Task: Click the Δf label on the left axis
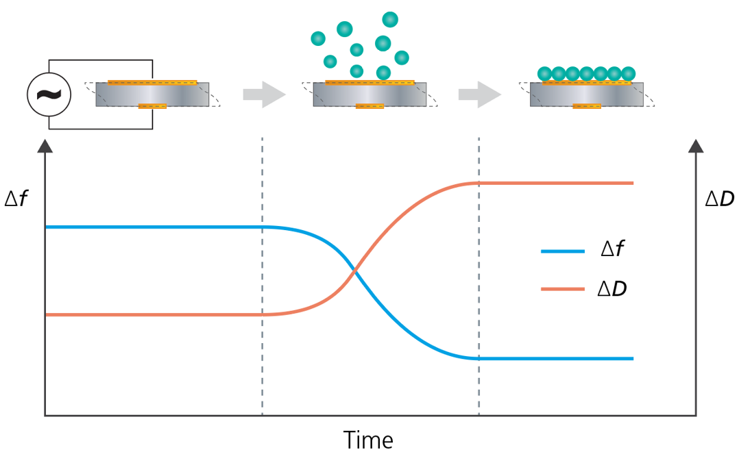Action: click(x=16, y=199)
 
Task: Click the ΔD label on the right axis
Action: click(x=719, y=199)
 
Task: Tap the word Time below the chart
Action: click(x=368, y=439)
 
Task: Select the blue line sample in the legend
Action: click(x=562, y=252)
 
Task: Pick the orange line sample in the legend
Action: click(x=562, y=290)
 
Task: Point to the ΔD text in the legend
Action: click(x=611, y=289)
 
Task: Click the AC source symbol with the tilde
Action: click(x=49, y=94)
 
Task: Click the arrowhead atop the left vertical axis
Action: click(x=45, y=146)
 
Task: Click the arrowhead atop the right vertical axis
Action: click(x=696, y=146)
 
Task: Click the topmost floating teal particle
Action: click(x=390, y=19)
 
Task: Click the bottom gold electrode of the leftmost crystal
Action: click(x=152, y=106)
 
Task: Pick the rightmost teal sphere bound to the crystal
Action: click(x=628, y=73)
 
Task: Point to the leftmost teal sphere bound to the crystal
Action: click(x=544, y=73)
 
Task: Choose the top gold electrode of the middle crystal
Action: click(x=370, y=83)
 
